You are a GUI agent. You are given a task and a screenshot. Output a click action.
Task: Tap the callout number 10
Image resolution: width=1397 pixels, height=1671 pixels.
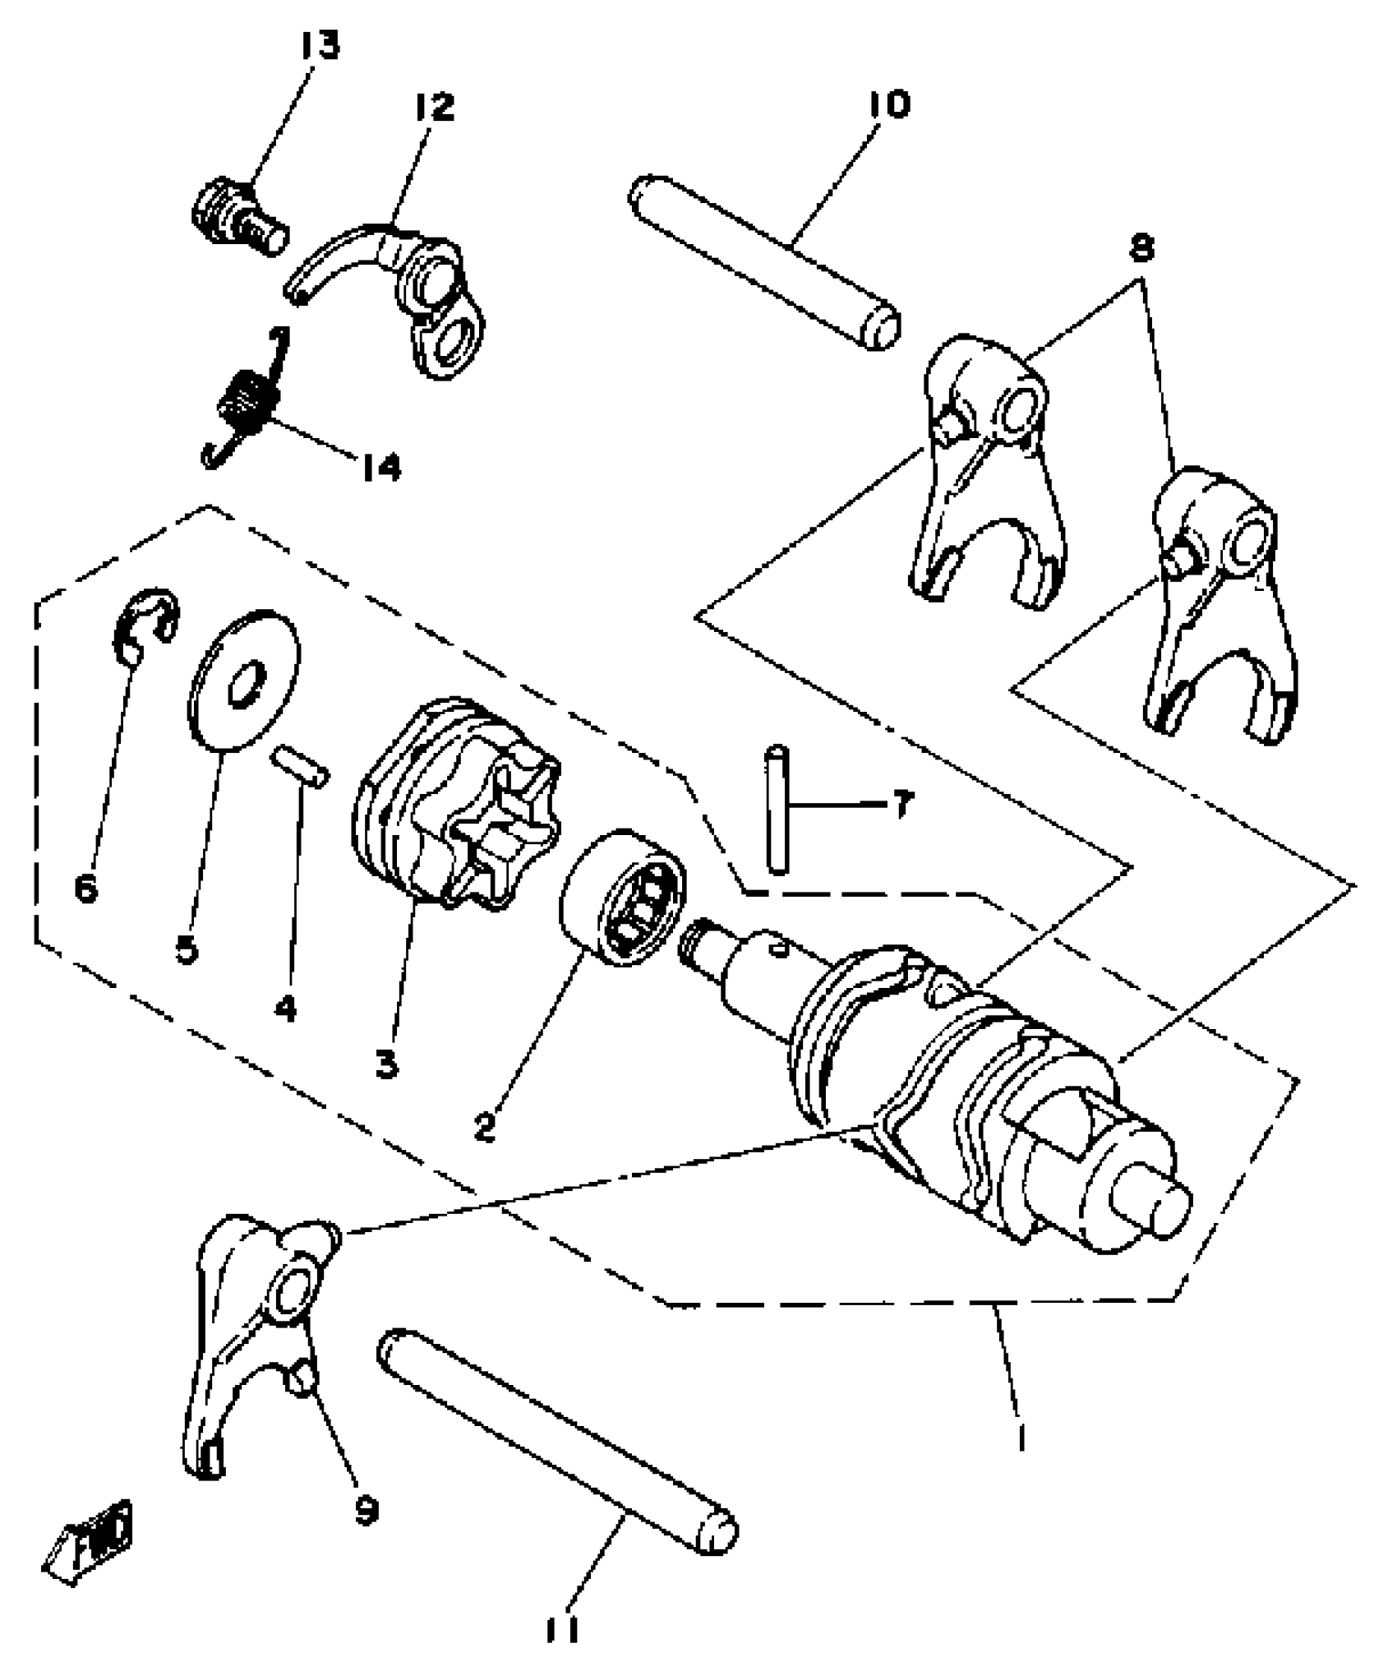tap(888, 105)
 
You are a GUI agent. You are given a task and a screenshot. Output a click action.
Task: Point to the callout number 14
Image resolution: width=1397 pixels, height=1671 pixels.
tap(380, 468)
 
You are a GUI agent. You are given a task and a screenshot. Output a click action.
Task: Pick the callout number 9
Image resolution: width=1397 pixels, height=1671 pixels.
tap(366, 1509)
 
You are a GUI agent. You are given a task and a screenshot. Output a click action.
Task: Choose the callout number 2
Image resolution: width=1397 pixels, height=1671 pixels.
tap(485, 1127)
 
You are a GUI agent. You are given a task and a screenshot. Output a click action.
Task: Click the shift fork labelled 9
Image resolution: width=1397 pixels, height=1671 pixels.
tap(247, 1332)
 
